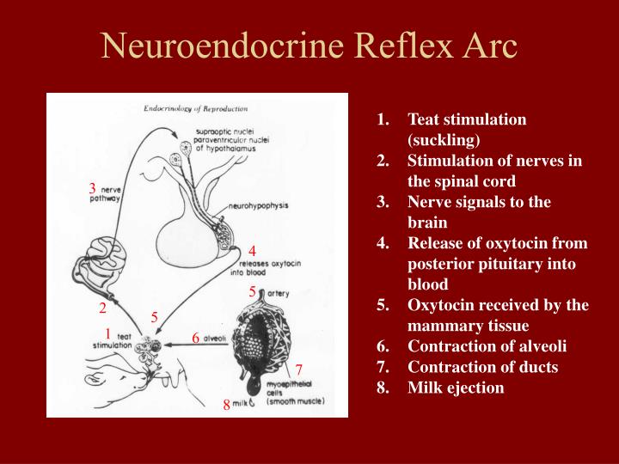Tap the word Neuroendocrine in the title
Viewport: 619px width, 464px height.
(223, 46)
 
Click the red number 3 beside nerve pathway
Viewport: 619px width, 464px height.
(92, 188)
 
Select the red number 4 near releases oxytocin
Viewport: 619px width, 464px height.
(252, 251)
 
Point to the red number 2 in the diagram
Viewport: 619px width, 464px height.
(102, 308)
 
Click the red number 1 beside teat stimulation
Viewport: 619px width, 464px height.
(107, 333)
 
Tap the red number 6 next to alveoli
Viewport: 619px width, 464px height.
(196, 339)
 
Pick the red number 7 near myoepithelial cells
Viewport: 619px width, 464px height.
(299, 369)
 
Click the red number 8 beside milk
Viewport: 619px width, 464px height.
(227, 405)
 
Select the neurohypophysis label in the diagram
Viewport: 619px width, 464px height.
(259, 206)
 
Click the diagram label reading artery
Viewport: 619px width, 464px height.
(279, 294)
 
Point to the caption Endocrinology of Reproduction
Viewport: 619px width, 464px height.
(196, 108)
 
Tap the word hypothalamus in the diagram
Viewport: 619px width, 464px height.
(230, 149)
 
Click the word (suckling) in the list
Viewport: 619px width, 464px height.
(444, 140)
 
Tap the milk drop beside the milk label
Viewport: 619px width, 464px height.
(252, 402)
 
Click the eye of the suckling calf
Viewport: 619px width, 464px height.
(95, 380)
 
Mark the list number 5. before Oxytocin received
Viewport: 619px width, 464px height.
(383, 305)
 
